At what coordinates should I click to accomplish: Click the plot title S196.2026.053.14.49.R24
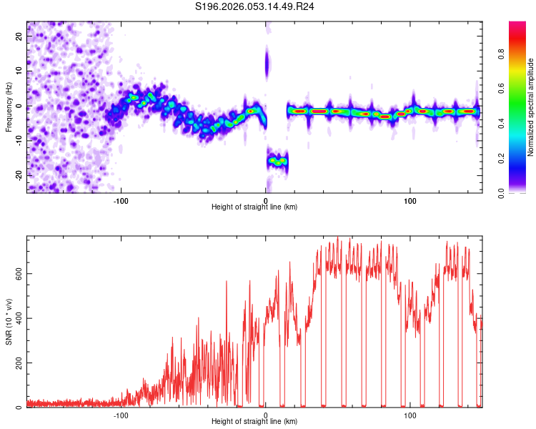255,6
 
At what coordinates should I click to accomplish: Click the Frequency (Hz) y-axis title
8,107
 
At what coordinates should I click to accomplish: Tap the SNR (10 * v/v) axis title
8,322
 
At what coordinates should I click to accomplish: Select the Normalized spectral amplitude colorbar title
530,107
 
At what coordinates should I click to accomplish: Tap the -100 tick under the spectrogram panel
121,199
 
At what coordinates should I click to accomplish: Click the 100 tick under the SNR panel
410,414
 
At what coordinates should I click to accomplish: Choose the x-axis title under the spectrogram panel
254,207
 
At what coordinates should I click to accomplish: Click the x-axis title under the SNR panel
254,422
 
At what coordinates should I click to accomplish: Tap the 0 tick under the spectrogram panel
266,199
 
